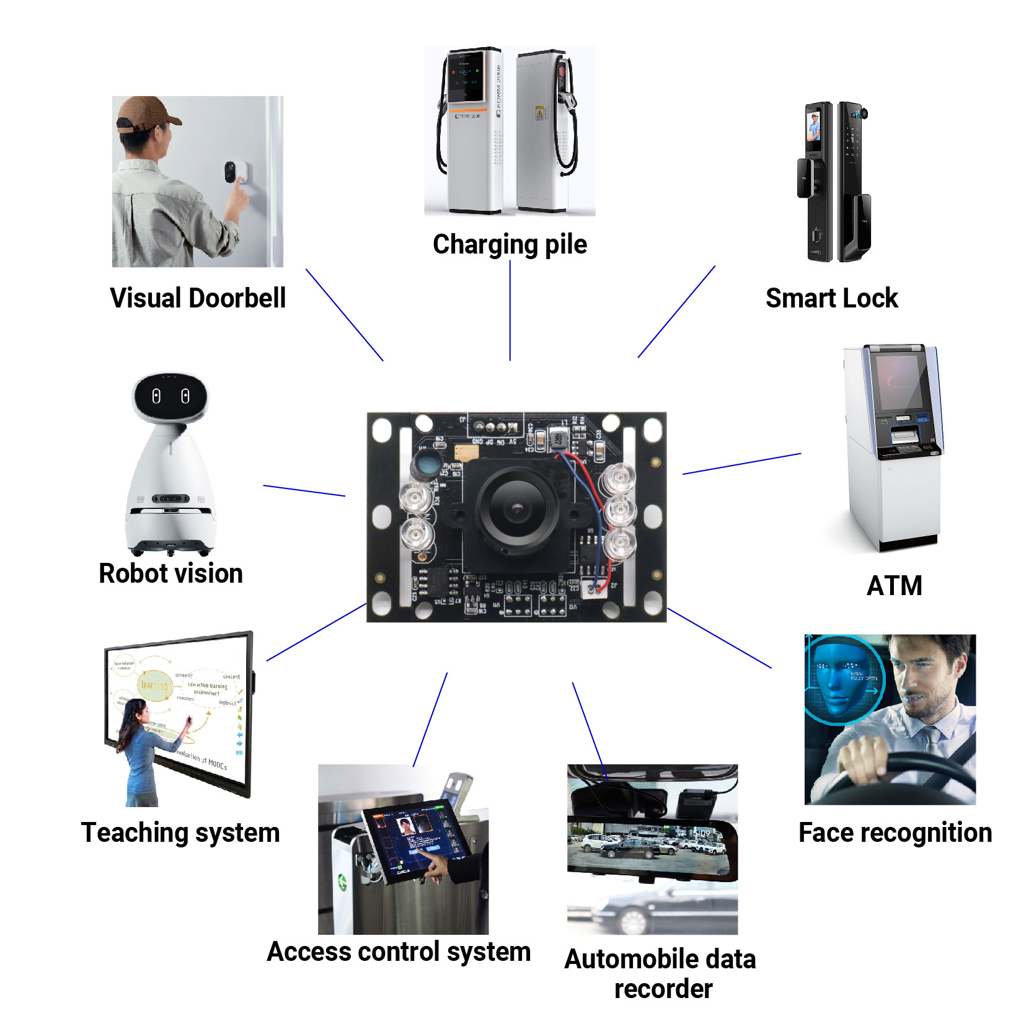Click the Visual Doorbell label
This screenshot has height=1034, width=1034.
[x=198, y=298]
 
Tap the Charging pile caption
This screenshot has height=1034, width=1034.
[x=510, y=244]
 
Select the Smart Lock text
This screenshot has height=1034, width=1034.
[x=831, y=298]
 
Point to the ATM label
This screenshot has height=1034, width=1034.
[x=894, y=586]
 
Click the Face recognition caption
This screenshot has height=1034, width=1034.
[x=895, y=833]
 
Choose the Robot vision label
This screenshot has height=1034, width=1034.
[x=170, y=573]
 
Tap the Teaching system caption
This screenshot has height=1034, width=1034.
[x=180, y=833]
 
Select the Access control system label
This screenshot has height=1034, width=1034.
[x=399, y=952]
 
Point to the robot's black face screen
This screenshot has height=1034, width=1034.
[x=170, y=396]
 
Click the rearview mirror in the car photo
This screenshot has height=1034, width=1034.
[x=651, y=846]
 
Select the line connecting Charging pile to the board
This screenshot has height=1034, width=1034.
[x=510, y=310]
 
